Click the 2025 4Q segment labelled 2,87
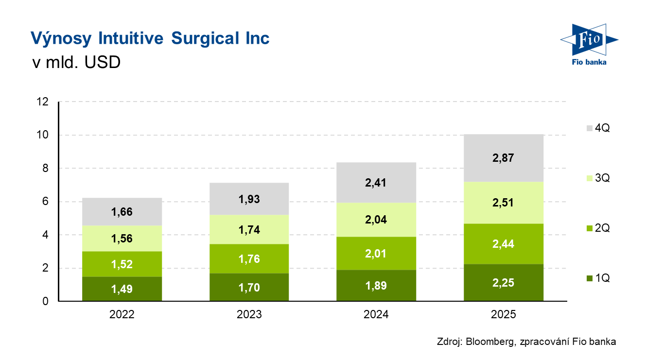click(503, 158)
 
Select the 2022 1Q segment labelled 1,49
click(122, 289)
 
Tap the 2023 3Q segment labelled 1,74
click(249, 229)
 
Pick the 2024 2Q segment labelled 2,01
click(376, 254)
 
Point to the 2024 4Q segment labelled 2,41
click(376, 183)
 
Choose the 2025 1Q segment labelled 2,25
click(503, 283)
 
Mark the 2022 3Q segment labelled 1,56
click(122, 239)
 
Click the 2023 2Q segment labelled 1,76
click(249, 259)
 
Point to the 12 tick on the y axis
click(43, 102)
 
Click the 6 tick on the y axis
click(45, 202)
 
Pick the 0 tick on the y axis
click(45, 301)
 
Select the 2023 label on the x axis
click(249, 315)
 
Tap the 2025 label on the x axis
click(503, 315)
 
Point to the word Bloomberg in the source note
click(489, 342)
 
